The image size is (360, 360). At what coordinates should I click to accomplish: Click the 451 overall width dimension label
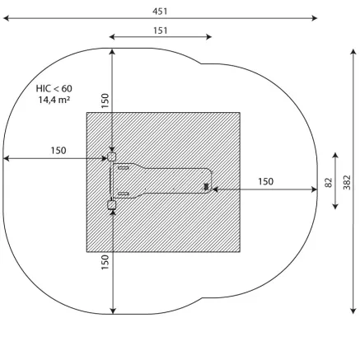pyautogui.click(x=160, y=12)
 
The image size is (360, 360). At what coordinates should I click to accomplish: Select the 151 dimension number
pyautogui.click(x=160, y=30)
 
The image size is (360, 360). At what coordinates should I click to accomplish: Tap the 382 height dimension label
pyautogui.click(x=347, y=182)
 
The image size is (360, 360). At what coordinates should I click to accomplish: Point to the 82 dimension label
pyautogui.click(x=329, y=183)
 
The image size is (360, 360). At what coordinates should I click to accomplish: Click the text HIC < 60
pyautogui.click(x=54, y=88)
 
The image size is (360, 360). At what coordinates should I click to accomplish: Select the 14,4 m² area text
pyautogui.click(x=54, y=100)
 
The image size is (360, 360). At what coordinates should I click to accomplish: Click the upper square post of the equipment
pyautogui.click(x=111, y=157)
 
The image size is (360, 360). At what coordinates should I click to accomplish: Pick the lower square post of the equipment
pyautogui.click(x=111, y=205)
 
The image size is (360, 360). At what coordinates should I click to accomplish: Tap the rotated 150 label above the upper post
pyautogui.click(x=105, y=101)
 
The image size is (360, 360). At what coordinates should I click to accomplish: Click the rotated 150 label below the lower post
pyautogui.click(x=105, y=262)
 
